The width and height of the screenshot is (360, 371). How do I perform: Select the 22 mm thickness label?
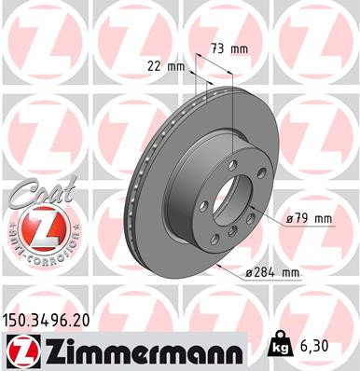point(163,64)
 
